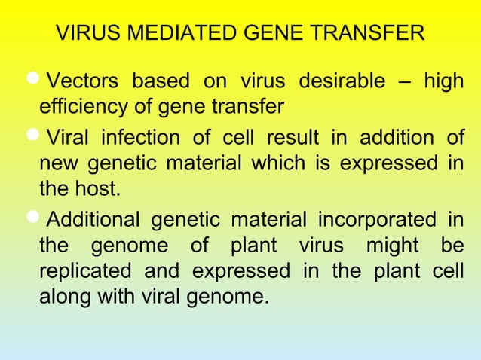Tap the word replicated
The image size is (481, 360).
click(79, 271)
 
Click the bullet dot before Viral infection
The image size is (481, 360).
click(35, 136)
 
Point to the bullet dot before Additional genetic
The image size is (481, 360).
click(35, 219)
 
